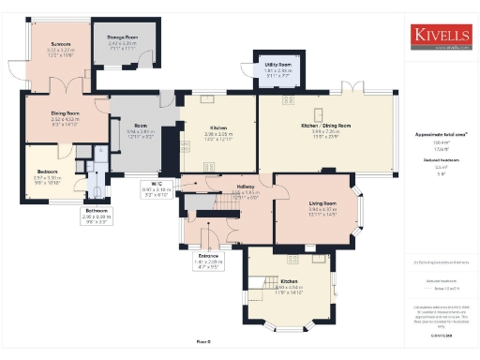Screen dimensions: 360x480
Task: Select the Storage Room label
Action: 122,37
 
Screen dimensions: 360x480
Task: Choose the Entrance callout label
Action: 208,255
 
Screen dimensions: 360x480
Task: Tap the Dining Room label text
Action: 65,113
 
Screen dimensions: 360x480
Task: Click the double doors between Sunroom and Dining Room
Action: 62,82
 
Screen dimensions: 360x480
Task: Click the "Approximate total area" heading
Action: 441,135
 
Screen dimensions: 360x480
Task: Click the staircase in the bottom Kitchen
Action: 265,280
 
